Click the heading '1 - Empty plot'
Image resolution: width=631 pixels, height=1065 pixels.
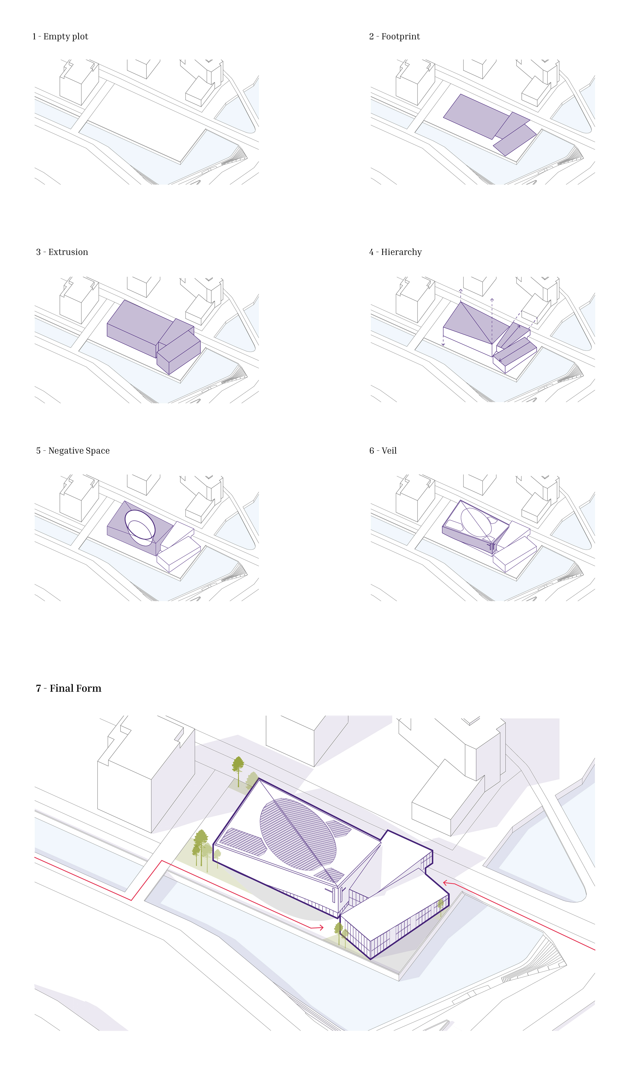pos(60,37)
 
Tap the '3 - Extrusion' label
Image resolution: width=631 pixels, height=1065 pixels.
pos(62,252)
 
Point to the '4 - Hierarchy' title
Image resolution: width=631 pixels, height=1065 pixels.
pos(395,252)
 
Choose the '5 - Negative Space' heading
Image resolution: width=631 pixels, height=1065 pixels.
pos(73,451)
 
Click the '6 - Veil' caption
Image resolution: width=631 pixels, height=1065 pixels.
pos(383,451)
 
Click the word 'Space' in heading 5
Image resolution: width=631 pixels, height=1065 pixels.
pos(97,451)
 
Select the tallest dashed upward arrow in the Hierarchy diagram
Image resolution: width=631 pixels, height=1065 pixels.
pos(492,321)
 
